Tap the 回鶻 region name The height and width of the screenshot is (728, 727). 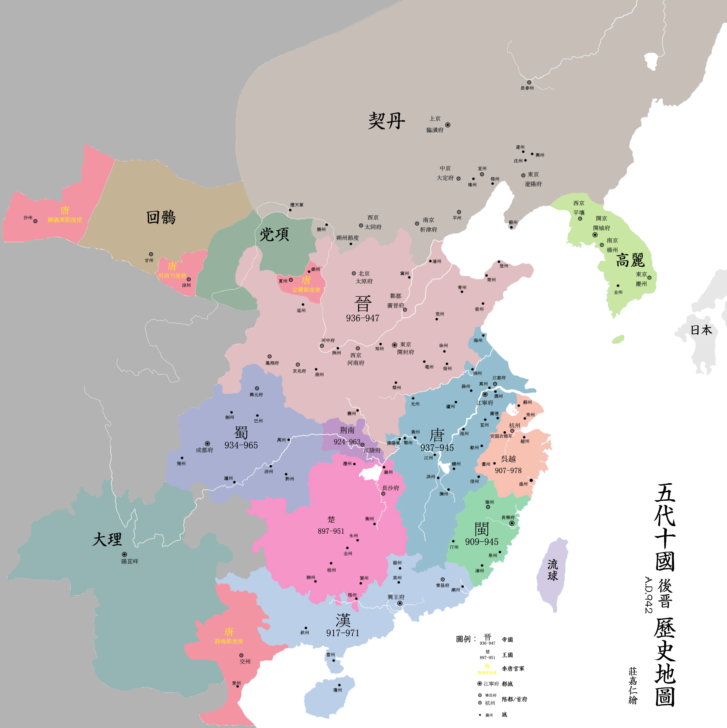click(x=161, y=218)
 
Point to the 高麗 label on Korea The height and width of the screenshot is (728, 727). click(x=630, y=260)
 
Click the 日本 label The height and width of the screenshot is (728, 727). click(x=701, y=330)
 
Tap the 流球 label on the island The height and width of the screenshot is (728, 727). click(x=552, y=570)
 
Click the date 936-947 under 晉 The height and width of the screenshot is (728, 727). click(x=363, y=318)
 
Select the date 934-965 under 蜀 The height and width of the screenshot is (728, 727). click(x=241, y=445)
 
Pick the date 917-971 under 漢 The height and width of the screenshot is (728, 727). click(x=342, y=633)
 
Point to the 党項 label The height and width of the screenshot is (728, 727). click(x=274, y=234)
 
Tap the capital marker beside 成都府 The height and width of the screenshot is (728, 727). click(x=207, y=443)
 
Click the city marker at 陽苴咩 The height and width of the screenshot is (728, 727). click(x=124, y=554)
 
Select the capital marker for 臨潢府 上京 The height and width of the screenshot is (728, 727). click(x=448, y=125)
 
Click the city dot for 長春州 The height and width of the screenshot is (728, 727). click(x=529, y=82)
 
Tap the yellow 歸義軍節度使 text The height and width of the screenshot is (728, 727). click(x=65, y=220)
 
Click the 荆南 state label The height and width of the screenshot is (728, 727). click(x=347, y=430)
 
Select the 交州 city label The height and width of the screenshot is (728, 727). click(x=245, y=661)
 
